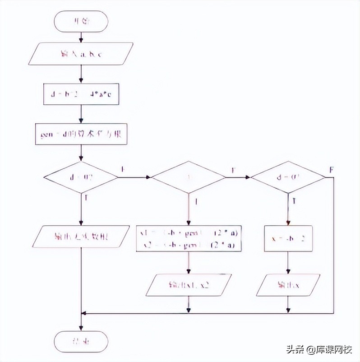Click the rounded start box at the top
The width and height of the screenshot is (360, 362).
tap(81, 22)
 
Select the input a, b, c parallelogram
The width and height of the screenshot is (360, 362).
tap(81, 54)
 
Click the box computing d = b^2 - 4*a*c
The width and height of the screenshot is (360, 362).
tap(81, 95)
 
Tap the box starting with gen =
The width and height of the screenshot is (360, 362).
tap(81, 134)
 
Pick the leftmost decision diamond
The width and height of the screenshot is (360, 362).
tap(81, 177)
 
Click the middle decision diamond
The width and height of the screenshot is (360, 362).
tap(189, 177)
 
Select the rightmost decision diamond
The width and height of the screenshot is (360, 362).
tap(288, 177)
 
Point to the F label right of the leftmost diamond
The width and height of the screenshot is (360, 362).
tap(123, 169)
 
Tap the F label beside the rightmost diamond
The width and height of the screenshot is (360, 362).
tap(332, 170)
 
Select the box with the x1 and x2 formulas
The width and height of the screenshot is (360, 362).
tap(189, 239)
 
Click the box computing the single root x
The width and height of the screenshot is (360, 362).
tap(288, 238)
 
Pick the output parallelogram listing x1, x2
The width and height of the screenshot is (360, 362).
tap(189, 285)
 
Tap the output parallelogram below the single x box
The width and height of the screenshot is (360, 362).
tap(288, 285)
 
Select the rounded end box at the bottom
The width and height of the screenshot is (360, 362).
tap(81, 341)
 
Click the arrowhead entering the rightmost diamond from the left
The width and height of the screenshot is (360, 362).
tap(248, 177)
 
